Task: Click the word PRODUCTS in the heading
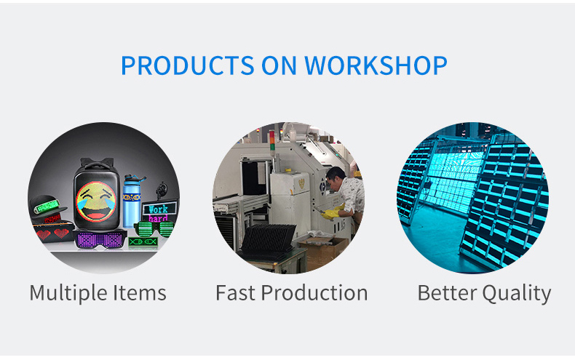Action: tap(187, 65)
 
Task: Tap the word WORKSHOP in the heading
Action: tap(376, 65)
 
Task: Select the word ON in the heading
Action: tap(279, 65)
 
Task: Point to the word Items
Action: tap(140, 293)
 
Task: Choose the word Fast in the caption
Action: tap(235, 293)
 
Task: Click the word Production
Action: tap(314, 294)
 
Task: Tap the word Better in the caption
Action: tap(447, 293)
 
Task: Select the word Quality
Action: tap(516, 294)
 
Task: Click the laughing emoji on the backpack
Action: tap(96, 201)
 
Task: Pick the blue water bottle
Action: tap(132, 201)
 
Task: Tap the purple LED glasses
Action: tap(100, 239)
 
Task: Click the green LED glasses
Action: tap(154, 229)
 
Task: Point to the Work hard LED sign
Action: tap(160, 212)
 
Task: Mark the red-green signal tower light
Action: tap(271, 140)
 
